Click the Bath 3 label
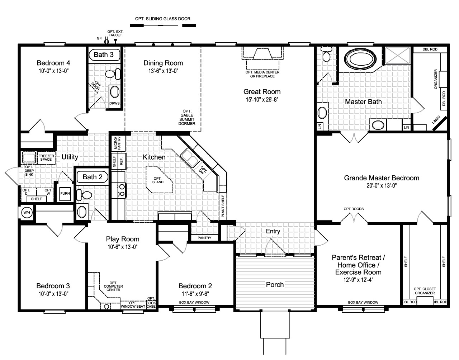point(104,55)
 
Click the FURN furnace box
point(65,193)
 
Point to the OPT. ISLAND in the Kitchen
point(158,180)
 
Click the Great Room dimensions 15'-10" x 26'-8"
point(262,99)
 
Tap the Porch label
point(275,285)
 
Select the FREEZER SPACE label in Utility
point(47,158)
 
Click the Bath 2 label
point(93,177)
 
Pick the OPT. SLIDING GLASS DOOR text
point(162,19)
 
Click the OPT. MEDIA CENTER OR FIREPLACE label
point(262,74)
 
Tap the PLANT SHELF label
point(223,206)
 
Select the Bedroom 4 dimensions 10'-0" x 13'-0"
point(53,71)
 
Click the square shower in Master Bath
point(397,56)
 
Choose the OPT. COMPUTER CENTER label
point(113,286)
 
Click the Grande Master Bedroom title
point(382,178)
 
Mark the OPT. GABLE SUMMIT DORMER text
point(187,117)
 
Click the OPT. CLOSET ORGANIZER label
point(424,291)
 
